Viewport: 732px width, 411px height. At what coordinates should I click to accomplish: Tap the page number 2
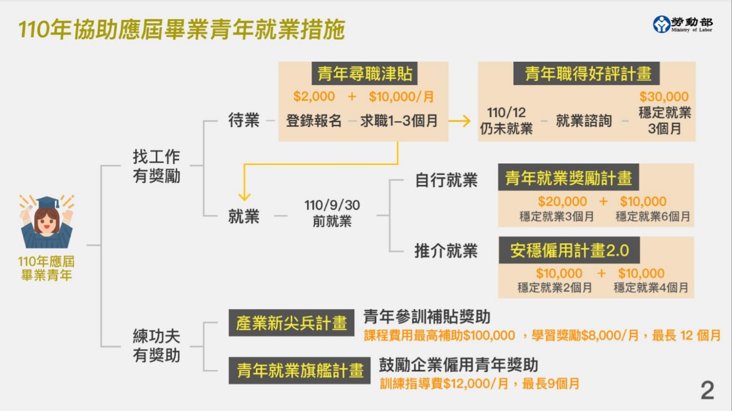[707, 390]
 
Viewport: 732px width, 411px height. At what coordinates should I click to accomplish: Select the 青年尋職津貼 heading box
[365, 74]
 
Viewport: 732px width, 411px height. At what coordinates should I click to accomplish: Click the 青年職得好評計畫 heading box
[586, 74]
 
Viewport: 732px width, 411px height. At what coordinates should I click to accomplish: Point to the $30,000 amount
[663, 97]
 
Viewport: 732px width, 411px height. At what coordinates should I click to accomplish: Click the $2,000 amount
[314, 96]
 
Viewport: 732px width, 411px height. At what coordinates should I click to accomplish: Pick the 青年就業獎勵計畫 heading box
[568, 178]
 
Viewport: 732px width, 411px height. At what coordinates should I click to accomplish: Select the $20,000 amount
[562, 202]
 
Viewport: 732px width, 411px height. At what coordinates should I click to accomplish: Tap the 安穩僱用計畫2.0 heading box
[569, 251]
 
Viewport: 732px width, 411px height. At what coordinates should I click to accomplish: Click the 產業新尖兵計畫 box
[291, 323]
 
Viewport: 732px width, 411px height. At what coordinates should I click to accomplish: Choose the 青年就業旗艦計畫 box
[299, 370]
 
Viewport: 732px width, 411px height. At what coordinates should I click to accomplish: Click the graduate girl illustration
[46, 223]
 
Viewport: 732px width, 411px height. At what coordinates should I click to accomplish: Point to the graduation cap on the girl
[47, 202]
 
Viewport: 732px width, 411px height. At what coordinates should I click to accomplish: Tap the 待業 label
[244, 120]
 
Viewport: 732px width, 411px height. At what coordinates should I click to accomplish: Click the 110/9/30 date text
[332, 205]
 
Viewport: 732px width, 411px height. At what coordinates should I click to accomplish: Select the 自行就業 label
[446, 181]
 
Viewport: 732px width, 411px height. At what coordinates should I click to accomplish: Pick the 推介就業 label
[446, 251]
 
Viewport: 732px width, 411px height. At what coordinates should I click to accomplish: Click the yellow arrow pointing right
[459, 121]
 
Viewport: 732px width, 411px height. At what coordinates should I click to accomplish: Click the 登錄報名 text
[314, 121]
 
